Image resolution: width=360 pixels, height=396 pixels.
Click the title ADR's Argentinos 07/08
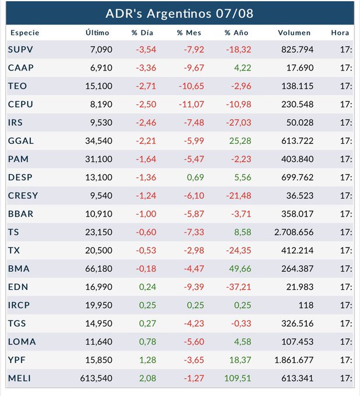click(x=179, y=13)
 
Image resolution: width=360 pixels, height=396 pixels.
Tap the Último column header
click(x=97, y=33)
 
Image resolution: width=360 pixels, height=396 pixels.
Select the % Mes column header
click(x=189, y=33)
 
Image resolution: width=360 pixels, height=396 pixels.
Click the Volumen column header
click(x=294, y=33)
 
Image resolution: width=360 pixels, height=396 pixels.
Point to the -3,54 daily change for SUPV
click(x=146, y=49)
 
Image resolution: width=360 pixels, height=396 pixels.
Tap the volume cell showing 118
click(x=306, y=305)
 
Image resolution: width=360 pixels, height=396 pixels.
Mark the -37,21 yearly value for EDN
click(x=238, y=286)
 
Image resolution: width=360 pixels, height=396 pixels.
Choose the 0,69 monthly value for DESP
click(x=195, y=177)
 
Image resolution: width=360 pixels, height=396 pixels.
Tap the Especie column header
click(x=25, y=33)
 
